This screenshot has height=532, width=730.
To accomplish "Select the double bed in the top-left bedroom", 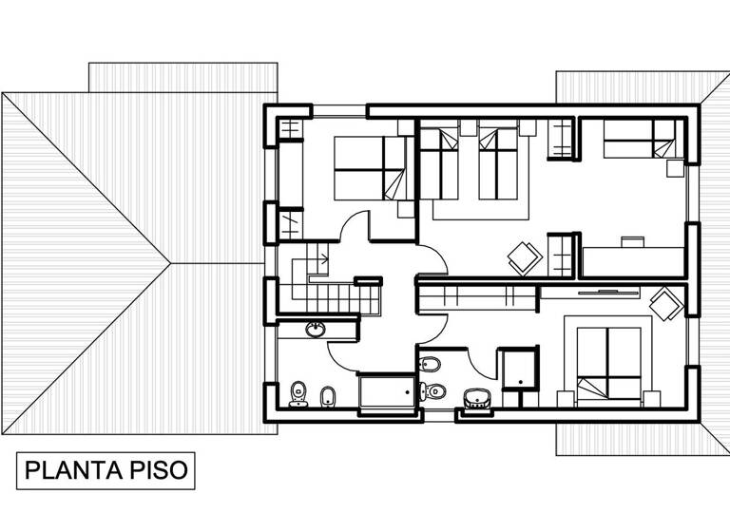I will [371, 168].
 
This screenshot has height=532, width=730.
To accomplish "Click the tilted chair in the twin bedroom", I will [524, 256].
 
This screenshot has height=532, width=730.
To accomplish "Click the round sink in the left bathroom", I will [315, 330].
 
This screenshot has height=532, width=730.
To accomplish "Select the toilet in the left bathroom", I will [298, 392].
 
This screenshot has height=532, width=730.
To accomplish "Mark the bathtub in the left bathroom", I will [386, 391].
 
